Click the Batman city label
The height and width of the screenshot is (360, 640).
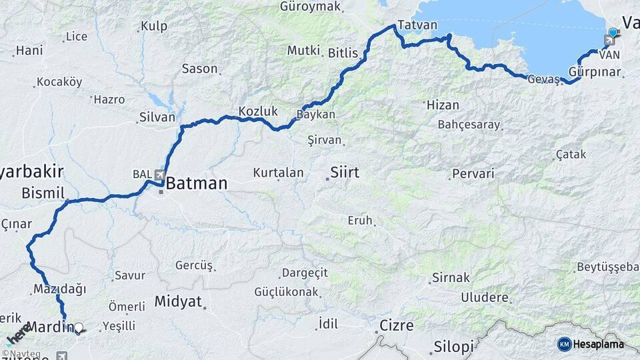point(196,183)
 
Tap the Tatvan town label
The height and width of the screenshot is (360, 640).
point(417,25)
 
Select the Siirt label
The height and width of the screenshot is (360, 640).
point(344,173)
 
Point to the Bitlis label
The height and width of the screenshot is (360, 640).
point(343,53)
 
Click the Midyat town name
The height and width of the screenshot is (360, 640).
point(178,301)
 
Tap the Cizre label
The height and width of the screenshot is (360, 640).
point(397,326)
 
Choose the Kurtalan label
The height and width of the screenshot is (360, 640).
point(278,173)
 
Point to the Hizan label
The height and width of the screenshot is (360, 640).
point(443,105)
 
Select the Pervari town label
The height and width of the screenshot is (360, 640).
point(473,173)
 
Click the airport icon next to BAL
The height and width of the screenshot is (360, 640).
point(160,175)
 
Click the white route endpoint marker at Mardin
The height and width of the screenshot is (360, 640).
point(79,328)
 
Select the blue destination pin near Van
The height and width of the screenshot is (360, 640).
point(613,31)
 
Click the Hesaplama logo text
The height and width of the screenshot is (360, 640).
point(599,344)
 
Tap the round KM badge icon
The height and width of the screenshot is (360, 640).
point(564,344)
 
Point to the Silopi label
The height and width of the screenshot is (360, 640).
point(453,347)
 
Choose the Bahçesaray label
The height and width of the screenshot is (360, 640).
point(469,125)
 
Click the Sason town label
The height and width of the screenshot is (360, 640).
point(199,69)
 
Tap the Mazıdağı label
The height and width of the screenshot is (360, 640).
point(59,289)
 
